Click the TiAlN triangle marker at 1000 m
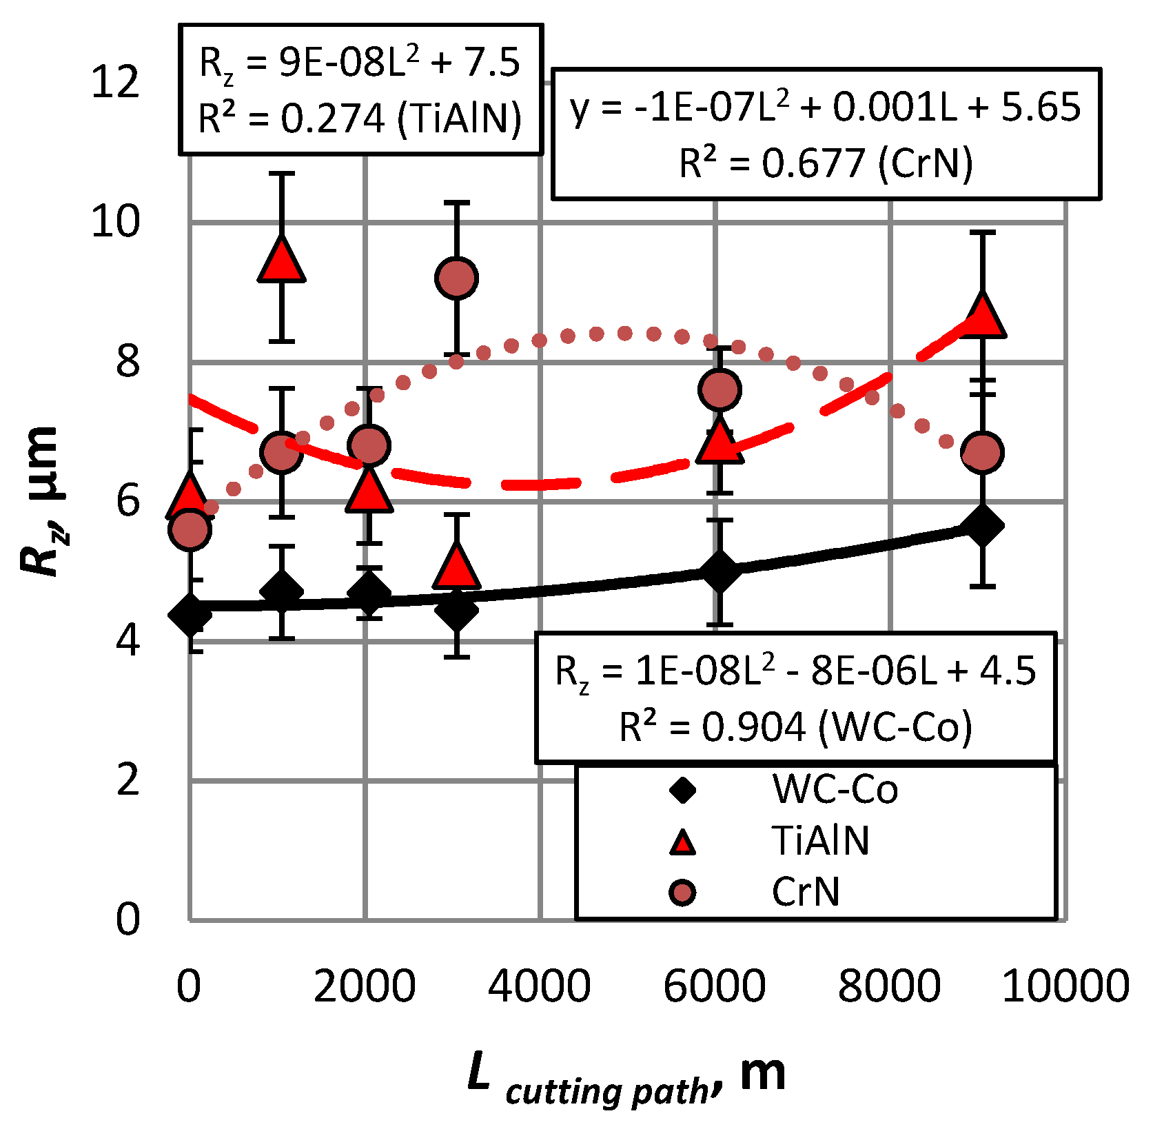[281, 261]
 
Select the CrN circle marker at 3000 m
[456, 278]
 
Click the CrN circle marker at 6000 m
[720, 390]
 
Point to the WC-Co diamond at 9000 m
[982, 525]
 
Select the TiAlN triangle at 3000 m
[456, 567]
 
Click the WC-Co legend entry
[835, 789]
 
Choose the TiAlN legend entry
[820, 841]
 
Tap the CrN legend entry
[806, 893]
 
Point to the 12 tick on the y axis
[115, 82]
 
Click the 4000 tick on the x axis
[539, 986]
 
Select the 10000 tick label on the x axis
[1065, 986]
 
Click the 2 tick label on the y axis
[128, 781]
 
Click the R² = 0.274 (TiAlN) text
[360, 119]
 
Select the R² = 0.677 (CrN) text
[826, 163]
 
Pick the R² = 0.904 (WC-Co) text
[795, 726]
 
